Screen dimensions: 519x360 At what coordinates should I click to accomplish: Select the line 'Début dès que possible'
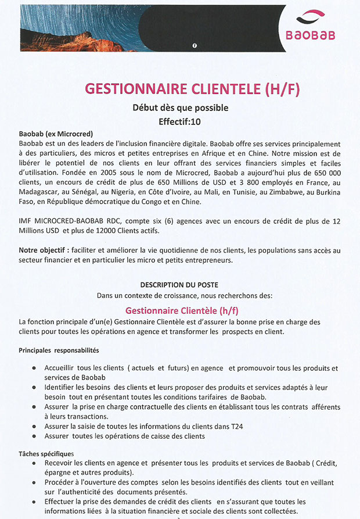click(181, 108)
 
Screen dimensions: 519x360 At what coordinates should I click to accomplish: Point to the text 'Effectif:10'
click(179, 122)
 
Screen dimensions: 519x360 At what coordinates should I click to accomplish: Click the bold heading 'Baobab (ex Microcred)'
click(56, 134)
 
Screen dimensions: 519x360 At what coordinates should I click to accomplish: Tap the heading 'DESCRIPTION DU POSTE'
click(179, 285)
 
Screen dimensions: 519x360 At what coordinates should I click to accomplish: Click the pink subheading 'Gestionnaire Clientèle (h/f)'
click(182, 310)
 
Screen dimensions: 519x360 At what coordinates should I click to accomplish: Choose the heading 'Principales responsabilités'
click(59, 350)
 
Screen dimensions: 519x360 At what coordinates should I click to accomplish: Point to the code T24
click(235, 426)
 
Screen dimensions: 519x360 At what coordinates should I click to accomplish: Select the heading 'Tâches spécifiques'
click(46, 453)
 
